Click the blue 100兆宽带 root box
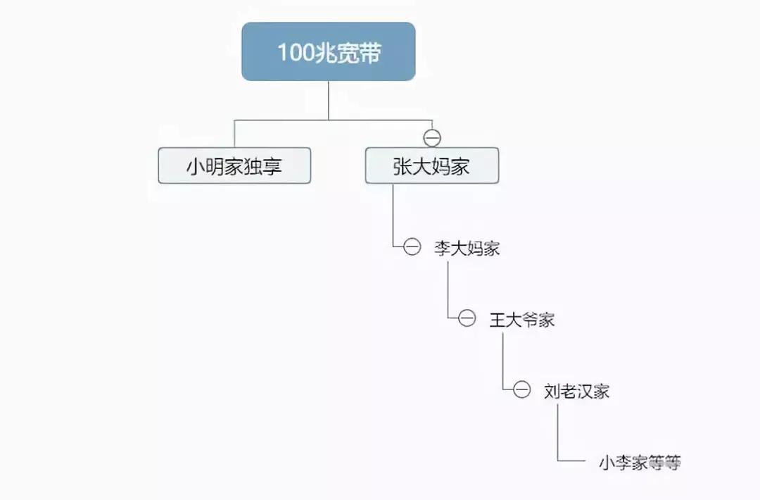tap(329, 51)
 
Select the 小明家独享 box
tap(234, 165)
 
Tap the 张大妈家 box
tap(431, 165)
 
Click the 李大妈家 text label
tap(467, 248)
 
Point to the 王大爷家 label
tap(522, 320)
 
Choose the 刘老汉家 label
tap(576, 391)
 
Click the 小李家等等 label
tap(640, 463)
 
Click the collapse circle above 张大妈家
tap(432, 138)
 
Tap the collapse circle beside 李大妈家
tap(412, 247)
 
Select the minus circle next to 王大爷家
tap(467, 319)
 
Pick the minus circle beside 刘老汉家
tap(521, 390)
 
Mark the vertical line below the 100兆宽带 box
tap(329, 100)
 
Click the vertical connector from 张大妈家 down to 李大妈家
tap(393, 215)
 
